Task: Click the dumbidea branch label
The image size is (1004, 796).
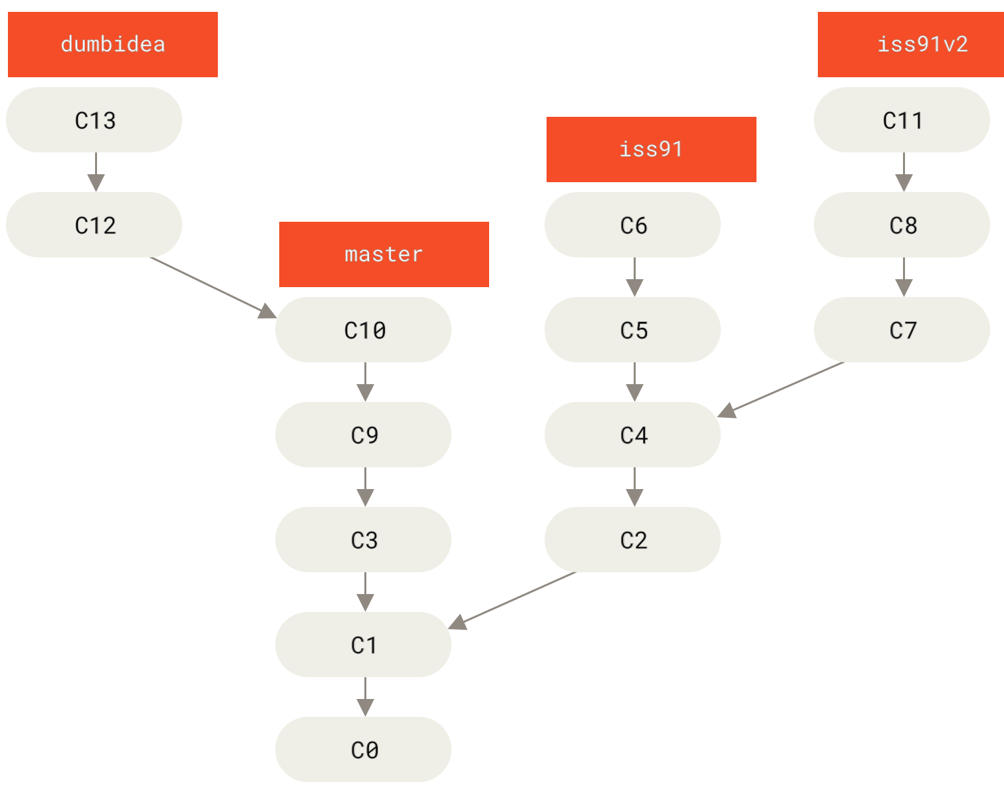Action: (x=112, y=44)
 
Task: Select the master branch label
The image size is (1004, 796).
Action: (x=384, y=254)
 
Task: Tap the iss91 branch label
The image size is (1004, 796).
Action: (x=651, y=149)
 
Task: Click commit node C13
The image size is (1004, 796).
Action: (x=94, y=120)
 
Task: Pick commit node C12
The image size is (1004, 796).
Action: (x=94, y=225)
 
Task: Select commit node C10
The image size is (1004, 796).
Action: (x=363, y=330)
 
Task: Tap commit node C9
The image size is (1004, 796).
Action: (x=363, y=435)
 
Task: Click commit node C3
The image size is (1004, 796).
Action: (x=363, y=540)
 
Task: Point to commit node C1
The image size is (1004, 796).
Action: (x=363, y=645)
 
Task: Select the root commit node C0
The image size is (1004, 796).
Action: (x=363, y=750)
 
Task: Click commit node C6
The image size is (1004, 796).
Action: (x=632, y=225)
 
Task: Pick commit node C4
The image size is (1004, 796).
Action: (x=632, y=435)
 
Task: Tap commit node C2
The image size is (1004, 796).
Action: (x=632, y=540)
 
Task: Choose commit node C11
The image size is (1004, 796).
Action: (x=902, y=120)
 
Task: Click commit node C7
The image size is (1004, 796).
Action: (x=902, y=330)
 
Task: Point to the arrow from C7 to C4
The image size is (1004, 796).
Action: (x=782, y=389)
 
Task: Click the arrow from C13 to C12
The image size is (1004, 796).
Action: (x=96, y=172)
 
